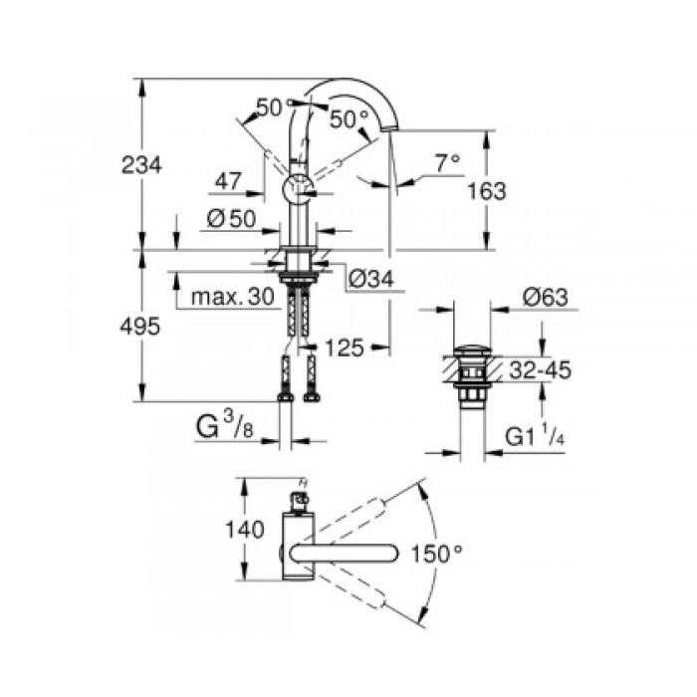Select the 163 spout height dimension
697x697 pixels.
click(x=486, y=190)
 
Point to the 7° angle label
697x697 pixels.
click(x=448, y=159)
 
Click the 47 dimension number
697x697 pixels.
click(x=228, y=181)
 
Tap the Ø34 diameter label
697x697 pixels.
click(x=371, y=282)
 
